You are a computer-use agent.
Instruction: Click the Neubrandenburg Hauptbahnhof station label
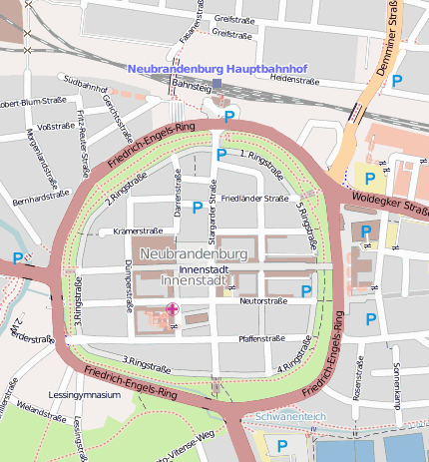click(217, 68)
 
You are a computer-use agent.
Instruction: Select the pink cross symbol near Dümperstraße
click(173, 310)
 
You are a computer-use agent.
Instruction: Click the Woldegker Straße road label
click(389, 205)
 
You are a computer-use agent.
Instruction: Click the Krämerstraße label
click(139, 231)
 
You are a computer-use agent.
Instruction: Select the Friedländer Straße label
click(253, 199)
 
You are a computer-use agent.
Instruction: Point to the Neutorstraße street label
click(262, 300)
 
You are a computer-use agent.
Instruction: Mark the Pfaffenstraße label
click(262, 338)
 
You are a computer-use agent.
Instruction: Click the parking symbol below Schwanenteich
click(282, 445)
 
